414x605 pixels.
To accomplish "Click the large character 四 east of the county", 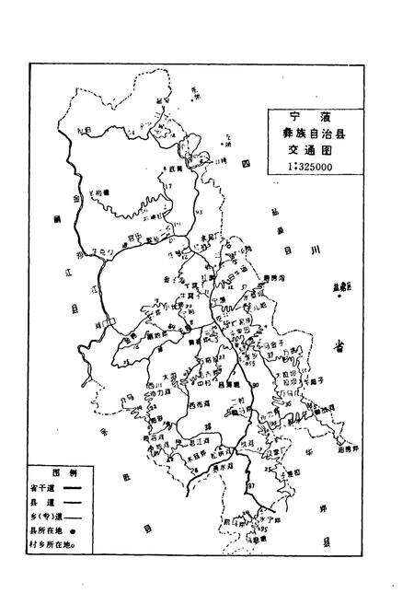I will (x=247, y=164).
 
